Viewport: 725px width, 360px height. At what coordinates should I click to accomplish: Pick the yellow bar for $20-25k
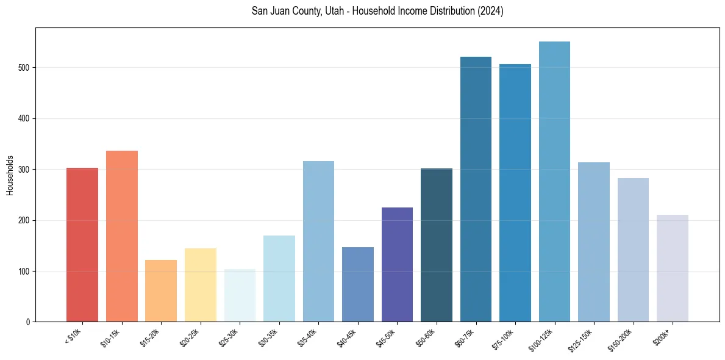point(201,285)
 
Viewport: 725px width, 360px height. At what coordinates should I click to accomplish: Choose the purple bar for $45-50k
point(397,265)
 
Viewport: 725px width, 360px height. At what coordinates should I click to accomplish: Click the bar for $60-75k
point(476,189)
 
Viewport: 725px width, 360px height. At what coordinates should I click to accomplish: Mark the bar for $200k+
point(673,268)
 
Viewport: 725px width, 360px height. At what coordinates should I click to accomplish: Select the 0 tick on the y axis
point(29,322)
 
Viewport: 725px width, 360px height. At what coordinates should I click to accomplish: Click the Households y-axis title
point(10,175)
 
